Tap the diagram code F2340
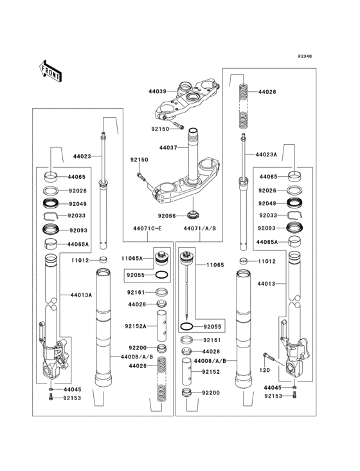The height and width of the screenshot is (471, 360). pyautogui.click(x=305, y=56)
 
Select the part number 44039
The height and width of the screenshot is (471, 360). pyautogui.click(x=158, y=92)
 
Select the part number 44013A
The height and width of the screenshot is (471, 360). pyautogui.click(x=82, y=295)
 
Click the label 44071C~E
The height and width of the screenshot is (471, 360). pyautogui.click(x=147, y=228)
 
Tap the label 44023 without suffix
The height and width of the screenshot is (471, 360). pyautogui.click(x=82, y=156)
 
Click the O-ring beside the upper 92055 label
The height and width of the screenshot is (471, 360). pyautogui.click(x=163, y=275)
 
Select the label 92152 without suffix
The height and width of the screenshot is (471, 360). pyautogui.click(x=211, y=372)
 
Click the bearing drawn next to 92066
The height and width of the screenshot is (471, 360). pyautogui.click(x=192, y=214)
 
